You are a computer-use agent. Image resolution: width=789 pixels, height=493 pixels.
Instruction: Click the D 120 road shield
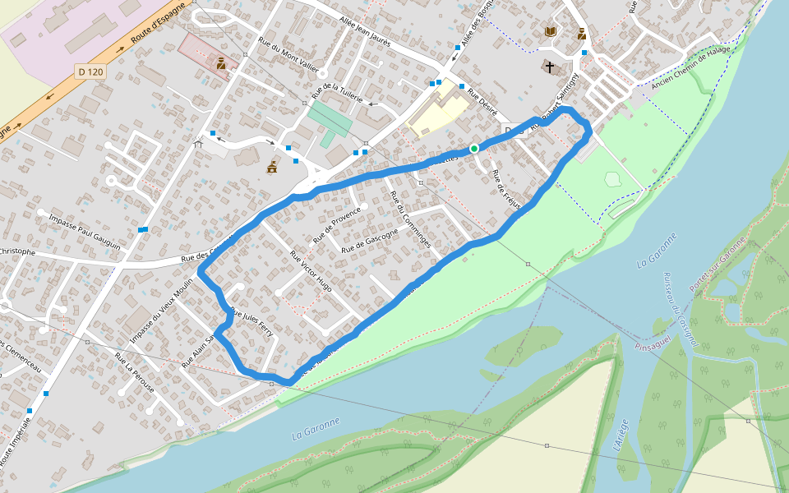pos(90,72)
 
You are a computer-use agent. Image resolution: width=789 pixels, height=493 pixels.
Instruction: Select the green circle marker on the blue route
pos(474,148)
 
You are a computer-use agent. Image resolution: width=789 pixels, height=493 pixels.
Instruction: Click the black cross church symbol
pos(549,67)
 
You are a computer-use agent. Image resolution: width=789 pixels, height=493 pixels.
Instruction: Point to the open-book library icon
pos(551,31)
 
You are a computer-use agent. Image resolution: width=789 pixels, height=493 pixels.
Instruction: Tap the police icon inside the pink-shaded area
pos(221,62)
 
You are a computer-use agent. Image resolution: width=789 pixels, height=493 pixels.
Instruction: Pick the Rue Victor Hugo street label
pos(311,271)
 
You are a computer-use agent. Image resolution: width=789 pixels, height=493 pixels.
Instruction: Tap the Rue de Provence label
pos(336,225)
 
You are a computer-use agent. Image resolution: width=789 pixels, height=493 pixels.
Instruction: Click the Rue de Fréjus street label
pos(506,190)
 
